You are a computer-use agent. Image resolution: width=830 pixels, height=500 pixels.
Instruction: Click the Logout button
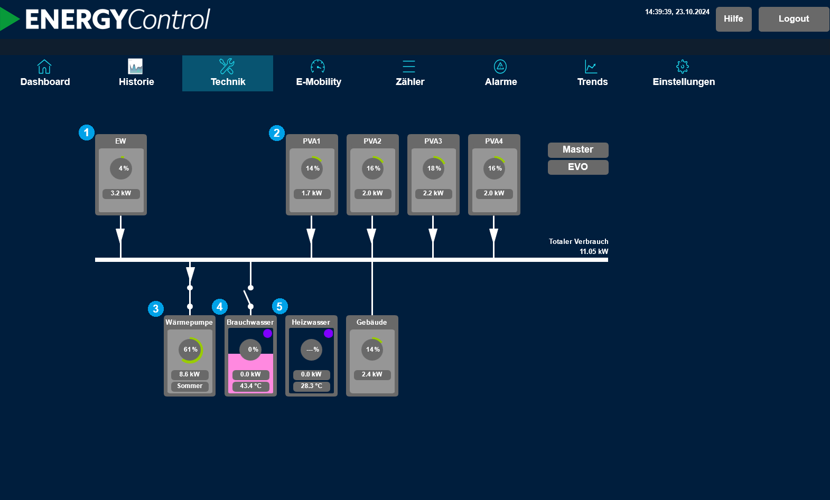coord(794,19)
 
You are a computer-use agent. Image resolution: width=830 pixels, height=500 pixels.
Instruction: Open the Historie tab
coord(136,73)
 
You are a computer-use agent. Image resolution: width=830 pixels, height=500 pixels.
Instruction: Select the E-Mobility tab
coord(319,73)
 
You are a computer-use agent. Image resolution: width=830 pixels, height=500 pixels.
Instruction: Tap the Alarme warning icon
coord(500,67)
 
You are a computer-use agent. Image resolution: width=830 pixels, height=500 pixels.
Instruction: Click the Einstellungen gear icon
coord(683,67)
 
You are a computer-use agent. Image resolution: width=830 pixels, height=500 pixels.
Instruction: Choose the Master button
coord(578,149)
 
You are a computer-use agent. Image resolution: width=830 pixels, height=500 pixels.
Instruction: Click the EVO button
coord(578,167)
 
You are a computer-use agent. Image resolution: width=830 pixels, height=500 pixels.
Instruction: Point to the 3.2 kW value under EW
coord(121,193)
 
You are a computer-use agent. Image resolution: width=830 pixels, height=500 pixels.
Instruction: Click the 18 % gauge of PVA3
coord(434,168)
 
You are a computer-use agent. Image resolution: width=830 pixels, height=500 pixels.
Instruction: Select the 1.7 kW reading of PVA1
coord(312,193)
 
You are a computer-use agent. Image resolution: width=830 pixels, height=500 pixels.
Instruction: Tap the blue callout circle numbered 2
coord(277,133)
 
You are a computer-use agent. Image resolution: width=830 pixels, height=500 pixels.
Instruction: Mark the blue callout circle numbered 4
coord(220,307)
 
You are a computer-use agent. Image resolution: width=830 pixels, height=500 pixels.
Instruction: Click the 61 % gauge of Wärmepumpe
coord(190,350)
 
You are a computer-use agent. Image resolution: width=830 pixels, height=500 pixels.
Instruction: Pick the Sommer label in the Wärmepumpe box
coord(190,386)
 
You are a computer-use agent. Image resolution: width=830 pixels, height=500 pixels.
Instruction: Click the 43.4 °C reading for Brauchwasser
coord(251,386)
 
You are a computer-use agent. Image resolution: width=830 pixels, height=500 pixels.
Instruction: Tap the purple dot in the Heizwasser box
coord(328,333)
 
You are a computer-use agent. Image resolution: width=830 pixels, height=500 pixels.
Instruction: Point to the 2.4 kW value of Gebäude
coord(372,374)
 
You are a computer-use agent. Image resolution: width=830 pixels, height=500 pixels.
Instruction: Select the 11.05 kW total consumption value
coord(594,251)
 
